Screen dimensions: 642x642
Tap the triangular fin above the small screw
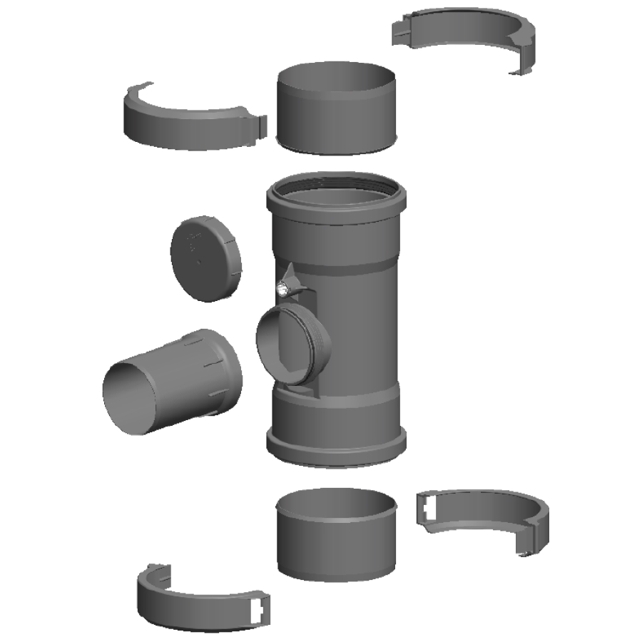(x=292, y=275)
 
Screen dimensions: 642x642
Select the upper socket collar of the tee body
(x=337, y=218)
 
